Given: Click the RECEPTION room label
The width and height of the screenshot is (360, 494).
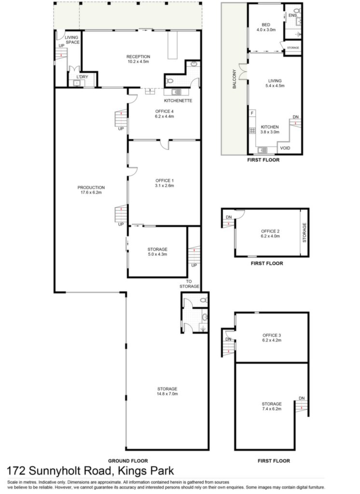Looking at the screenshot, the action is click(138, 59).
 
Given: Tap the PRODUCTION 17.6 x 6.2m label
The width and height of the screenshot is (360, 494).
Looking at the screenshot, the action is click(91, 190).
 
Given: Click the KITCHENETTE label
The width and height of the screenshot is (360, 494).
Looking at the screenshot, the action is click(178, 101).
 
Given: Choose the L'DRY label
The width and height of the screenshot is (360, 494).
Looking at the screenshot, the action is click(83, 77).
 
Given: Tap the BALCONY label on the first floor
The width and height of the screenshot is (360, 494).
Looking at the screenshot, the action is click(234, 79).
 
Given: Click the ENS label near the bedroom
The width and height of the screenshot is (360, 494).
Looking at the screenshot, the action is click(292, 15).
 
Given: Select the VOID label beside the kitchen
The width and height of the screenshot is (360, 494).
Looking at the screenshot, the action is click(285, 148).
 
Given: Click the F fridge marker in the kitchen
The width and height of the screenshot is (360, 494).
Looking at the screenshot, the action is click(252, 113).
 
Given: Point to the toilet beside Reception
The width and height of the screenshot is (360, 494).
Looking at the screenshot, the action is click(169, 81).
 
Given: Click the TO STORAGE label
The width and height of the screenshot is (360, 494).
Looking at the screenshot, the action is click(189, 284).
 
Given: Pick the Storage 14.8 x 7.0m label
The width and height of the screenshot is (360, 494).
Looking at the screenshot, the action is click(167, 391).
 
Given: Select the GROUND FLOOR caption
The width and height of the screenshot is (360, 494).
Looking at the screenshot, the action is click(128, 461).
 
